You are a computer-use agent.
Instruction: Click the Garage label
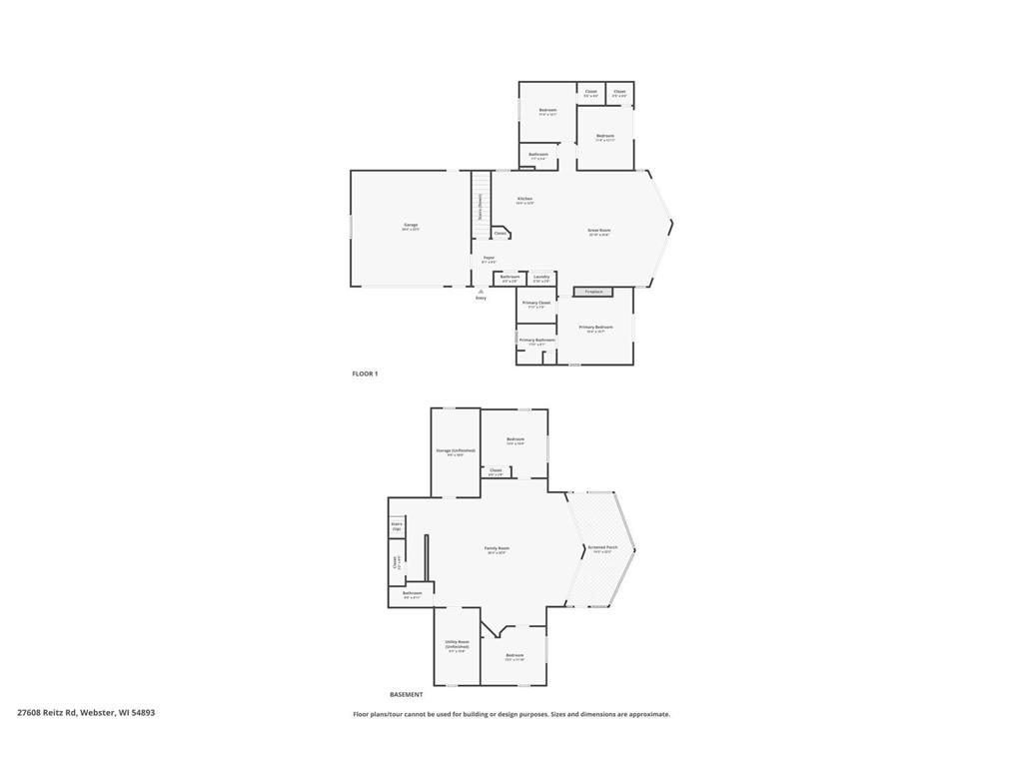coord(411,225)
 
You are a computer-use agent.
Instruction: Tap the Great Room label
coord(598,230)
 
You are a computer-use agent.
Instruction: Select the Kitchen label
coord(524,199)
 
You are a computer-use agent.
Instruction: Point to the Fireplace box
coord(593,292)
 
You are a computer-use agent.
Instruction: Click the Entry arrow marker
coord(481,291)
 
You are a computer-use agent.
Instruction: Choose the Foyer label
coord(489,258)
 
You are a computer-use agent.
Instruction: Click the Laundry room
coord(540,278)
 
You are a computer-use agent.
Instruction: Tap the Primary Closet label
coord(536,303)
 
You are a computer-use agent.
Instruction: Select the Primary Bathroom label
coord(536,340)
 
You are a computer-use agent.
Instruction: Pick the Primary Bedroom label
coord(595,327)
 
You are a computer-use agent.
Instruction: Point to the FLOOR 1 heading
coord(365,374)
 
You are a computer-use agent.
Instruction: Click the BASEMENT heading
coord(406,694)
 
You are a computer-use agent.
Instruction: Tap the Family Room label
coord(497,548)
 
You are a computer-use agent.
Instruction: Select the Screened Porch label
coord(602,547)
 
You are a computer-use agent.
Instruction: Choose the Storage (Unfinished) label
coord(456,450)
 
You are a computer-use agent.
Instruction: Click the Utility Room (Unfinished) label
coord(456,644)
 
